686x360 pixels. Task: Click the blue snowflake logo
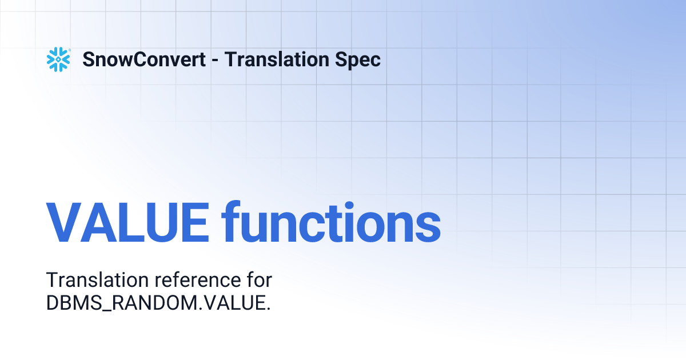[x=58, y=59]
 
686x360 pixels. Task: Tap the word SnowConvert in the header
[x=144, y=59]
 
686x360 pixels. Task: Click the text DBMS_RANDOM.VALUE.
[x=158, y=303]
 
